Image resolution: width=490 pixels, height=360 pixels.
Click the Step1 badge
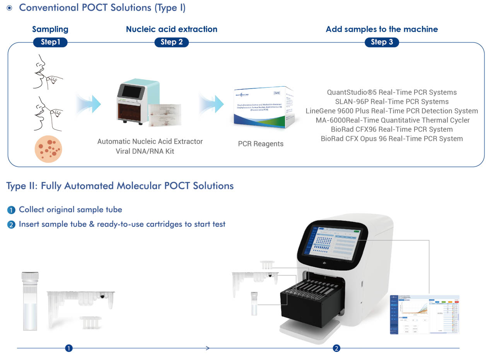[x=50, y=42]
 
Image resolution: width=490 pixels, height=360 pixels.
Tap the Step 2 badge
[x=171, y=42]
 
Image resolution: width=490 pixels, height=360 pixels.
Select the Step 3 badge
[x=382, y=42]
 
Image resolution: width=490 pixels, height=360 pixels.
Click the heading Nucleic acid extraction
[x=171, y=29]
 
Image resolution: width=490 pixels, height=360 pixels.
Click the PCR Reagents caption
[x=261, y=144]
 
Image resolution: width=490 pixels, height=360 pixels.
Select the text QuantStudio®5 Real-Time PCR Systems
[x=392, y=92]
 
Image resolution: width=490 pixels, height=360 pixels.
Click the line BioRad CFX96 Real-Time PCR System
[x=392, y=129]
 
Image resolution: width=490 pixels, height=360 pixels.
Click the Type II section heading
[x=120, y=186]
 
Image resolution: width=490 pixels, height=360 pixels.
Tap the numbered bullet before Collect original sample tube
[x=11, y=210]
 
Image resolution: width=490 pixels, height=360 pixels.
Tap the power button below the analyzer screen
[x=324, y=263]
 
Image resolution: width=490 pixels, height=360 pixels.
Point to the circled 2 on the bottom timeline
[x=336, y=348]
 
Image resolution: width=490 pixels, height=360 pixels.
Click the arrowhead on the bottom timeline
[x=208, y=348]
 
